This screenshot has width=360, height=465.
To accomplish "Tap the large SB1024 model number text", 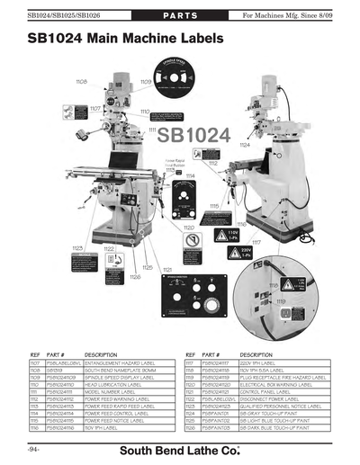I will coord(193,136).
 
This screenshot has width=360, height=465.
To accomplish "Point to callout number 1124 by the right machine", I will coord(244,144).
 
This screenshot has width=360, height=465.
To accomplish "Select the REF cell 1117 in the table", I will coord(191,362).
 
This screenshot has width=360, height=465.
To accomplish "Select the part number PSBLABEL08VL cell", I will coord(61,362).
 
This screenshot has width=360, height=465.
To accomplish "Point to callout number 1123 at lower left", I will coord(77,246).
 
